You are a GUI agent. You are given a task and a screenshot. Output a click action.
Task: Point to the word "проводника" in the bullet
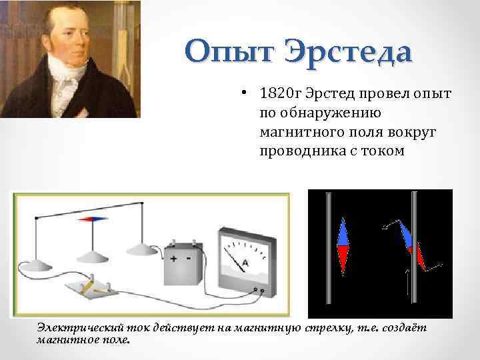298,151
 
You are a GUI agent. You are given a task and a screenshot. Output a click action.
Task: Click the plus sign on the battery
173,259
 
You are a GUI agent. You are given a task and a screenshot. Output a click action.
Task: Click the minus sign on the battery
189,259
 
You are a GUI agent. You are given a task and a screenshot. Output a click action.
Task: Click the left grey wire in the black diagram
327,253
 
